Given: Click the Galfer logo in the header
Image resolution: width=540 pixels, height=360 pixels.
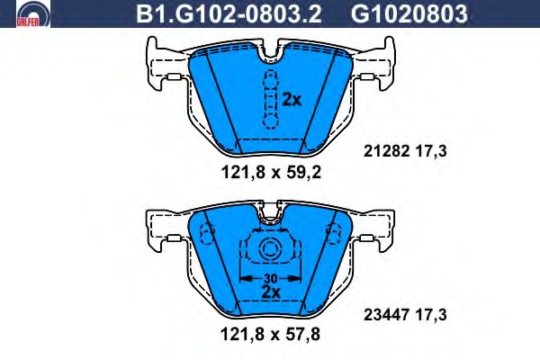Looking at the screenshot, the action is [x=33, y=13].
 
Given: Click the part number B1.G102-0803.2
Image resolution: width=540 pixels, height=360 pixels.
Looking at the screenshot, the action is [x=229, y=14].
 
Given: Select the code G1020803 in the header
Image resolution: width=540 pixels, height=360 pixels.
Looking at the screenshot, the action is [x=409, y=14].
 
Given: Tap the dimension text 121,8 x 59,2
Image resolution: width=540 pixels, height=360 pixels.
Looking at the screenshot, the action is [x=271, y=172].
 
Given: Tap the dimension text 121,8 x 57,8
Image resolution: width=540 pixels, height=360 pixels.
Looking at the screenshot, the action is [x=270, y=334].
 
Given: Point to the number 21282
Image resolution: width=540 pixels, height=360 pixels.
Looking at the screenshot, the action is [x=386, y=151].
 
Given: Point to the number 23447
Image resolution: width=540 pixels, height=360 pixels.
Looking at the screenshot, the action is [x=386, y=314].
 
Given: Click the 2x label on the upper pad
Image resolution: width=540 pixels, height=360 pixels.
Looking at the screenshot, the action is [x=292, y=100].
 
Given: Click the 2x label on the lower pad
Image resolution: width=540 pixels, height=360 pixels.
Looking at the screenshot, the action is [x=271, y=292].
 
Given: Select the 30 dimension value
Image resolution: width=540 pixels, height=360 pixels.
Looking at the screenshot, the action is [x=271, y=278].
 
